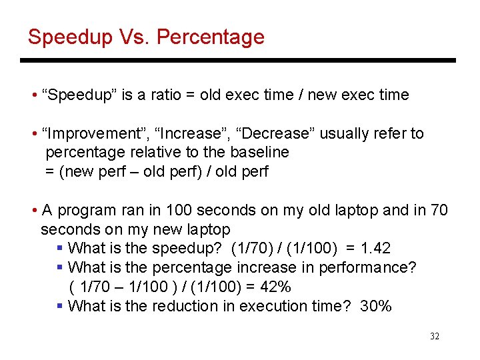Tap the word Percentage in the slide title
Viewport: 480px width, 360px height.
tap(210, 37)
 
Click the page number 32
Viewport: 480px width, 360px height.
tap(435, 337)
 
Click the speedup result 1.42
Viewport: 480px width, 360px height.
tap(375, 249)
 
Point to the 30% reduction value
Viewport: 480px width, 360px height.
tap(375, 307)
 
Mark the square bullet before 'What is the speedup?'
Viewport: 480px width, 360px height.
tap(60, 249)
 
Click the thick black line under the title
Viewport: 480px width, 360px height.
tap(238, 61)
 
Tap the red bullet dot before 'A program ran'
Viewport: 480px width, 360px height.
tap(34, 211)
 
